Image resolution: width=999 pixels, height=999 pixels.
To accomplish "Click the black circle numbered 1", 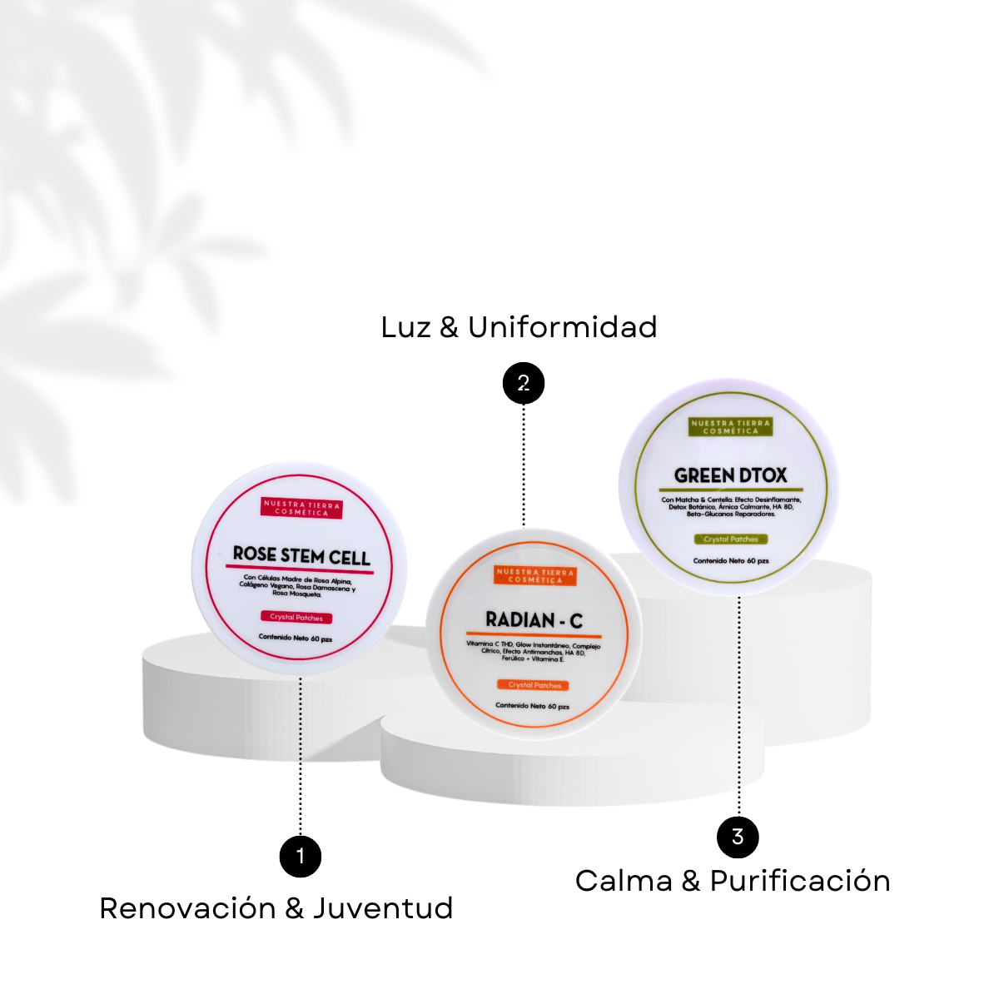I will point(301,856).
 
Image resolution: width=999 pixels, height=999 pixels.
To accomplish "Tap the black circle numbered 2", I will point(523,384).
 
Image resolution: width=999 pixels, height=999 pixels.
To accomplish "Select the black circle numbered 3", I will point(738,837).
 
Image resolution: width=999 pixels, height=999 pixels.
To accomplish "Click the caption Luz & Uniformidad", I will point(519,327).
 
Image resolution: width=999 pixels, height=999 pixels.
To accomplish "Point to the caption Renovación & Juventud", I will point(276,907).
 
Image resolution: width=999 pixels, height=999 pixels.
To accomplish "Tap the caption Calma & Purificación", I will point(733,881).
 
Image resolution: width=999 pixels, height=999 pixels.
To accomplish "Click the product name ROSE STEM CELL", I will point(301,555).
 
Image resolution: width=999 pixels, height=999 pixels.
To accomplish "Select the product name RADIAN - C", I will point(534,620).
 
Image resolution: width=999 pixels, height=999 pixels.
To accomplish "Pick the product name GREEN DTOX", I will point(730,475).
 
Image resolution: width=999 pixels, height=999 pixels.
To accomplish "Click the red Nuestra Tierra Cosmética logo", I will point(301,509).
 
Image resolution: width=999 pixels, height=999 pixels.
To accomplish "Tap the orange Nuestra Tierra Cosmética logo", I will point(534,576).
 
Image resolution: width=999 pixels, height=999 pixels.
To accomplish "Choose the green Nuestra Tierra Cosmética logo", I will point(731,427).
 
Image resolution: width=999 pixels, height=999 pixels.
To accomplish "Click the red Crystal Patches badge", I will point(296,618).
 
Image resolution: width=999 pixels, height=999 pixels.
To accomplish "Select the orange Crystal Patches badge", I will point(534,685).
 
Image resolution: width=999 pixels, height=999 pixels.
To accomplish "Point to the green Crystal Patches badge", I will point(731,539).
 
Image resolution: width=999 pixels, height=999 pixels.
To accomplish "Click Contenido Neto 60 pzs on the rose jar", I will point(295,639).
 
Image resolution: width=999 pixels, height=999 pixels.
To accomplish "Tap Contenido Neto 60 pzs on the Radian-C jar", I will point(532,706).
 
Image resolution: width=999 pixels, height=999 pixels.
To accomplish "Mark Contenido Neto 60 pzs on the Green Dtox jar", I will point(731,561).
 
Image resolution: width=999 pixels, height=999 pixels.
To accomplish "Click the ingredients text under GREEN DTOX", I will point(731,507).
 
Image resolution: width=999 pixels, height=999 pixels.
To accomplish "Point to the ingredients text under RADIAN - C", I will point(533,652).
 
